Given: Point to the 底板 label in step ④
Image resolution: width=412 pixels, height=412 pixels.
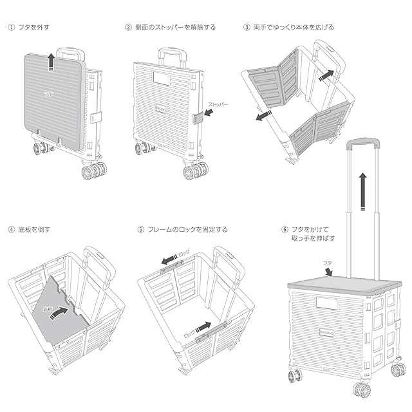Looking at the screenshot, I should click(x=47, y=310).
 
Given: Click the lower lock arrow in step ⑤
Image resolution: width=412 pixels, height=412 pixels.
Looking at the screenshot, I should click(x=203, y=327).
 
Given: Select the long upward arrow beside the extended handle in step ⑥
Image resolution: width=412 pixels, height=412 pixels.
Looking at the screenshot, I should click(x=363, y=190).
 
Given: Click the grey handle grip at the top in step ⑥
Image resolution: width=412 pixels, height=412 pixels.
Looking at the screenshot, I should click(x=364, y=142).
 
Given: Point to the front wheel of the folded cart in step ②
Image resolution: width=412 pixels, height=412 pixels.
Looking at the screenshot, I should click(x=195, y=171).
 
